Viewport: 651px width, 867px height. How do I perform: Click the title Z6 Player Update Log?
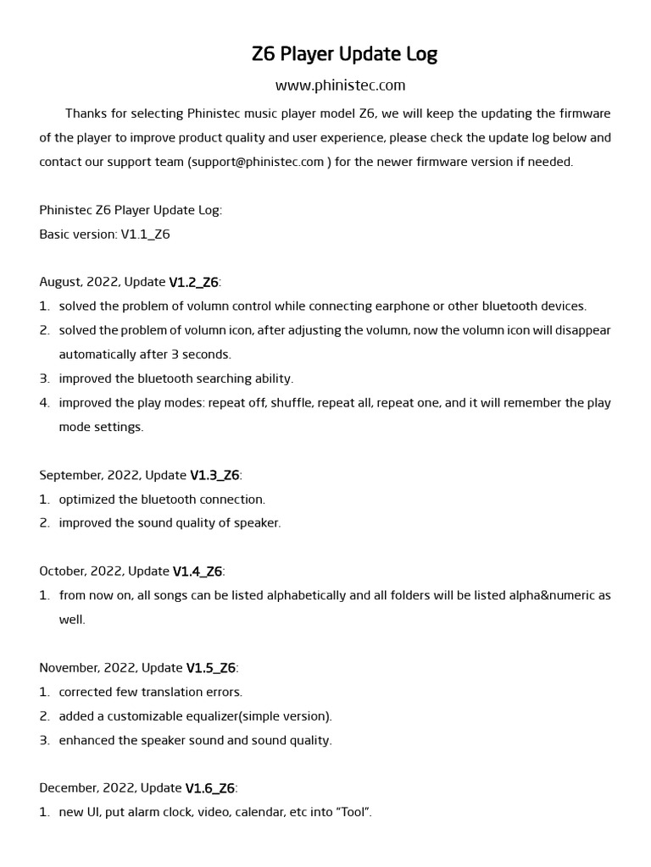[344, 55]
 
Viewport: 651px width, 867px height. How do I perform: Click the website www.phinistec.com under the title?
[341, 86]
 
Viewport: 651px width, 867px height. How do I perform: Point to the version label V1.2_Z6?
[193, 282]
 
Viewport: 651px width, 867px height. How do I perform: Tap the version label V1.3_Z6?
[214, 475]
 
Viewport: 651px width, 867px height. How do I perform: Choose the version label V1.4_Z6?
[198, 572]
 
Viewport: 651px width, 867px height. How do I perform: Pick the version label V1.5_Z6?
[211, 668]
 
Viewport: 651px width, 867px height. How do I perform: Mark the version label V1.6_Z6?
[209, 788]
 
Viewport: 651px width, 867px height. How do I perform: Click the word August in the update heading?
[62, 282]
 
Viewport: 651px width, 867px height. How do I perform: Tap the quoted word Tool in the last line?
[353, 813]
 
